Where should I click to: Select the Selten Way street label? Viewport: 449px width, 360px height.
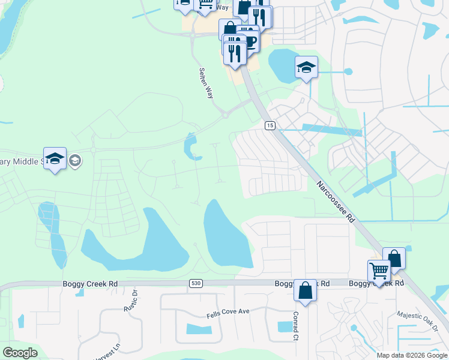(x=206, y=82)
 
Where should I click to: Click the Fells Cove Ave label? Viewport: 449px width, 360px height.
(x=228, y=311)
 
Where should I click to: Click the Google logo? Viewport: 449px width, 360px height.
(x=20, y=353)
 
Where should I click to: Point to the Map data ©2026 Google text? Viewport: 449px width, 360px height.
(x=412, y=355)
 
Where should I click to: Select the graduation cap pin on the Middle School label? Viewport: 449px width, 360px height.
(x=55, y=159)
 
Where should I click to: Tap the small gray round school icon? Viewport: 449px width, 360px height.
(x=75, y=160)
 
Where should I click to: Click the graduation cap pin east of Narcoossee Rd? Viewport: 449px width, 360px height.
(x=306, y=67)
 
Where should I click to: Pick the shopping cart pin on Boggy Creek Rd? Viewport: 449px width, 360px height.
(x=379, y=271)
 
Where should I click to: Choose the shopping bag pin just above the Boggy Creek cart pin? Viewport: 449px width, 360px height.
(x=394, y=259)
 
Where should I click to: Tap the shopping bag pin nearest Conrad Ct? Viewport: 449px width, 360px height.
(x=305, y=291)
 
